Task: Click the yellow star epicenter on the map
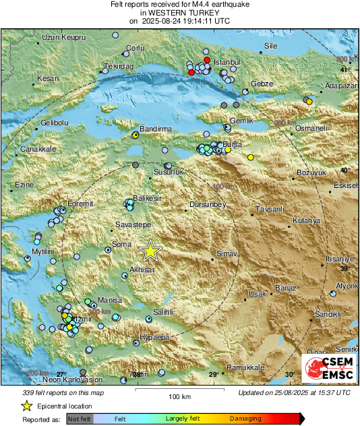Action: point(150,251)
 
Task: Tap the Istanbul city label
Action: point(227,62)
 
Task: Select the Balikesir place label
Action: point(148,199)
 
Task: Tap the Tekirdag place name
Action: point(119,67)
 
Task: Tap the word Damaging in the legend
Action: point(245,419)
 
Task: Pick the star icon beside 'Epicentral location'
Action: point(26,406)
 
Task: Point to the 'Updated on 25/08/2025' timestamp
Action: point(294,392)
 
